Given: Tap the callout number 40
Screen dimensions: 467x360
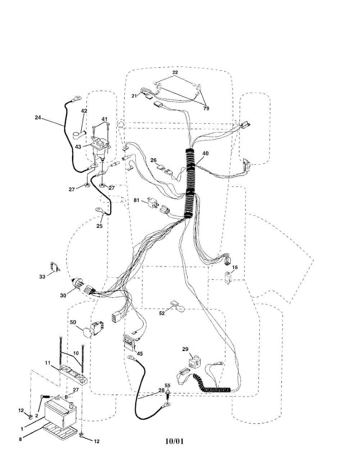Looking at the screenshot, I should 205,153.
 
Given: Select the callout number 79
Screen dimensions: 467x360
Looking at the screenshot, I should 206,108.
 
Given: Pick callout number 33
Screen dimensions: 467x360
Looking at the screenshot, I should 42,276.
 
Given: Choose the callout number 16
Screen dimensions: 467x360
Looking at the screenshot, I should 235,268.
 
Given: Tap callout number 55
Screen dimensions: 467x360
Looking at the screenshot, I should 168,385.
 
